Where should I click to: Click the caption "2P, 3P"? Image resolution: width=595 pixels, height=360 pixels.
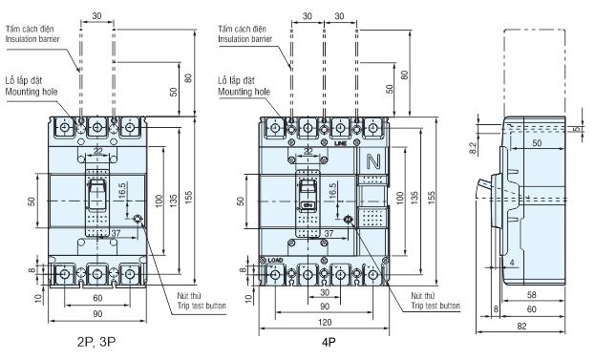click(96, 342)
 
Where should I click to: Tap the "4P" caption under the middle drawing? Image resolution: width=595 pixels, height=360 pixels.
click(329, 342)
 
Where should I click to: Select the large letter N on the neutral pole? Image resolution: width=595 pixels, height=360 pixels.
click(373, 161)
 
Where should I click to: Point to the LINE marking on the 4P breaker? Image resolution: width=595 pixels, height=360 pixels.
click(341, 144)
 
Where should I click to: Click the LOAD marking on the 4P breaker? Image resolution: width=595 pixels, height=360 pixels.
click(275, 261)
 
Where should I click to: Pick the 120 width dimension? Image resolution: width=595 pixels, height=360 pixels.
click(325, 323)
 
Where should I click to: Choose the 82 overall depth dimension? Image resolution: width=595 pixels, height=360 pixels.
click(521, 327)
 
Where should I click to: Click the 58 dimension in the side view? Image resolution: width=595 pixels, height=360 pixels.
click(532, 295)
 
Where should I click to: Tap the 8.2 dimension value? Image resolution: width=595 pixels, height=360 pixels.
click(473, 148)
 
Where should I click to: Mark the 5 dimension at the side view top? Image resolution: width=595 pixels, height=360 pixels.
click(577, 129)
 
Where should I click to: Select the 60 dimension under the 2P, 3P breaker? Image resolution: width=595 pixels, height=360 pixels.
click(98, 298)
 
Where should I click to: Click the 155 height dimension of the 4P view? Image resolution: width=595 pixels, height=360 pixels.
click(432, 198)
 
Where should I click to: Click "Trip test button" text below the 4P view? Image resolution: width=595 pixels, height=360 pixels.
click(436, 306)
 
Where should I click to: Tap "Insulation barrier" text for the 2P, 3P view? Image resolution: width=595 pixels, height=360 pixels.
click(32, 39)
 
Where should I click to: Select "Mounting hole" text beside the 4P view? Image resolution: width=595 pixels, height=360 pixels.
click(244, 92)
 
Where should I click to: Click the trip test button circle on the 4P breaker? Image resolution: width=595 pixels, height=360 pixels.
click(348, 220)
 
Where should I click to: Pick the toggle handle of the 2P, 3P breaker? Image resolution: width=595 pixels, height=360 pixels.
click(96, 195)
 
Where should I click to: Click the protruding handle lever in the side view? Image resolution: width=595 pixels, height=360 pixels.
click(484, 186)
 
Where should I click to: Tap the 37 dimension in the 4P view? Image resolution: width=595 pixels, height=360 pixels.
click(329, 234)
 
